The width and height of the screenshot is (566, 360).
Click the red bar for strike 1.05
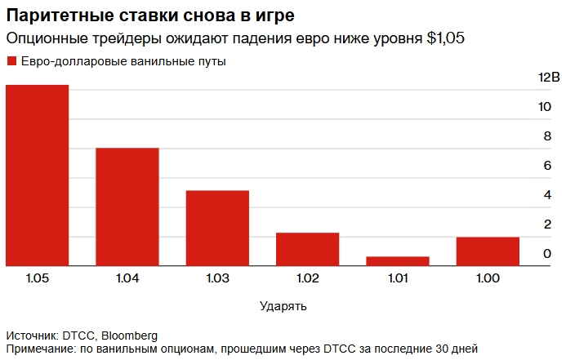pyautogui.click(x=38, y=176)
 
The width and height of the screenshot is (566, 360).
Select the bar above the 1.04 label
pyautogui.click(x=127, y=207)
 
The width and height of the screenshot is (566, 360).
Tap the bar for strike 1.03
pyautogui.click(x=217, y=228)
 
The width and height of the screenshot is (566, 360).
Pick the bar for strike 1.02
pyautogui.click(x=307, y=249)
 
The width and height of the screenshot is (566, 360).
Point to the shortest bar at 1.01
pyautogui.click(x=398, y=261)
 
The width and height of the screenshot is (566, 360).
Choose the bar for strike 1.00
pyautogui.click(x=488, y=251)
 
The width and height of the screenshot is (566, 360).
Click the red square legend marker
pyautogui.click(x=11, y=61)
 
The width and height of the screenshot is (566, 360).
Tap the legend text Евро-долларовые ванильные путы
pyautogui.click(x=123, y=61)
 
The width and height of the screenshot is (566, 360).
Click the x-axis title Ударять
pyautogui.click(x=283, y=306)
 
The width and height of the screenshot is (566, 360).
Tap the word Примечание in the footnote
pyautogui.click(x=41, y=349)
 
